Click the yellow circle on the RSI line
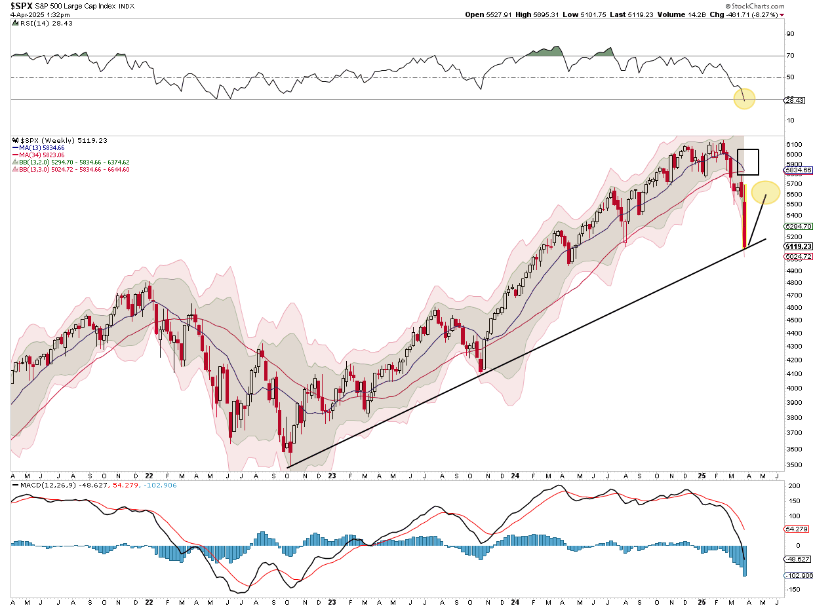744,100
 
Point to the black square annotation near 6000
748,162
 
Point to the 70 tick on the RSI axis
790,56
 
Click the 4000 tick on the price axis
793,389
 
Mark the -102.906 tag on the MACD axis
798,575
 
